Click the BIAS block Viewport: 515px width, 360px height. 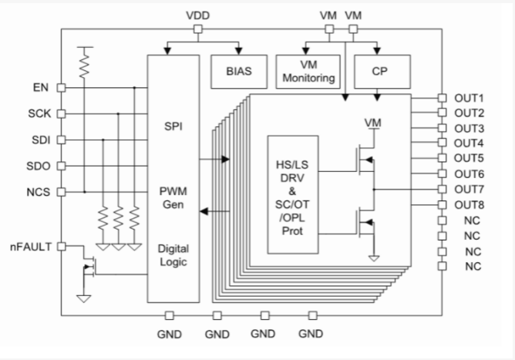click(x=237, y=71)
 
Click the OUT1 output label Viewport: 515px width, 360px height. click(x=468, y=98)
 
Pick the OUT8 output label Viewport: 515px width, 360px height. click(x=468, y=204)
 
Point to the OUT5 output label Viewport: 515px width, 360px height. click(x=468, y=159)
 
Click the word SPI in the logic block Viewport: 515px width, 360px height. click(x=173, y=125)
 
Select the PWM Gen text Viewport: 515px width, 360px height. click(x=173, y=197)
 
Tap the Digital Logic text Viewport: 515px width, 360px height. click(x=173, y=255)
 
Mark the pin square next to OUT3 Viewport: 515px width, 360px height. click(x=442, y=128)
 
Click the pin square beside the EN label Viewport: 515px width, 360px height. click(x=62, y=87)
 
